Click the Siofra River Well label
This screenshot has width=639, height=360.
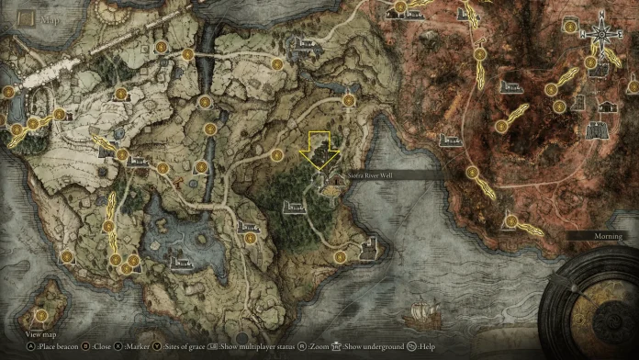370,173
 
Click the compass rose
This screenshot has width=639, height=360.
601,38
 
